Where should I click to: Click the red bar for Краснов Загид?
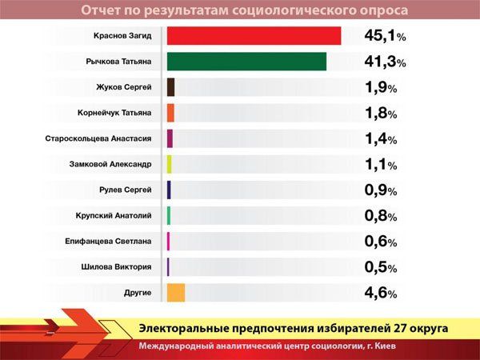254,36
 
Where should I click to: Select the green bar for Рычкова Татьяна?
247,62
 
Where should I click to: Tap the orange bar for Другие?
176,293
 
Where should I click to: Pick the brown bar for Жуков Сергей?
171,87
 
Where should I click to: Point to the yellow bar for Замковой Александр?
170,164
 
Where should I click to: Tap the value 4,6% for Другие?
381,293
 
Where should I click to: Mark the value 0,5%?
381,267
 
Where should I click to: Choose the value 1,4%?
381,139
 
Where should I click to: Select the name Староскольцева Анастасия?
98,138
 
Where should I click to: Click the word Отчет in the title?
103,10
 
